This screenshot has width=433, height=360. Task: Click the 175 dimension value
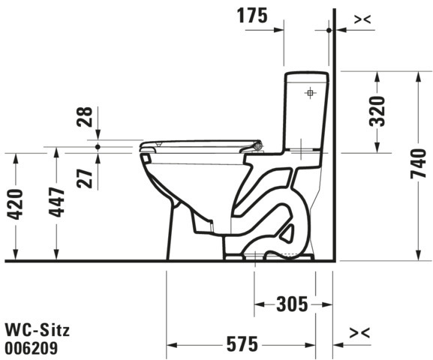252,16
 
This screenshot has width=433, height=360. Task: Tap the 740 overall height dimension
419,163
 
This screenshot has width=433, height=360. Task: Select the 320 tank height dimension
377,111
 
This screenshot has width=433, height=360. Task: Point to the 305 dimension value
292,304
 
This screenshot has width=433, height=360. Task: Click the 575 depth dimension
242,344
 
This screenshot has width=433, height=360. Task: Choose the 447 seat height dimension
56,202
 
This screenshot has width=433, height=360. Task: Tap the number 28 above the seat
85,117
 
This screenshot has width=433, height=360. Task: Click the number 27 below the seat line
85,178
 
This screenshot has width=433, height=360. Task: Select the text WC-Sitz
38,330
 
